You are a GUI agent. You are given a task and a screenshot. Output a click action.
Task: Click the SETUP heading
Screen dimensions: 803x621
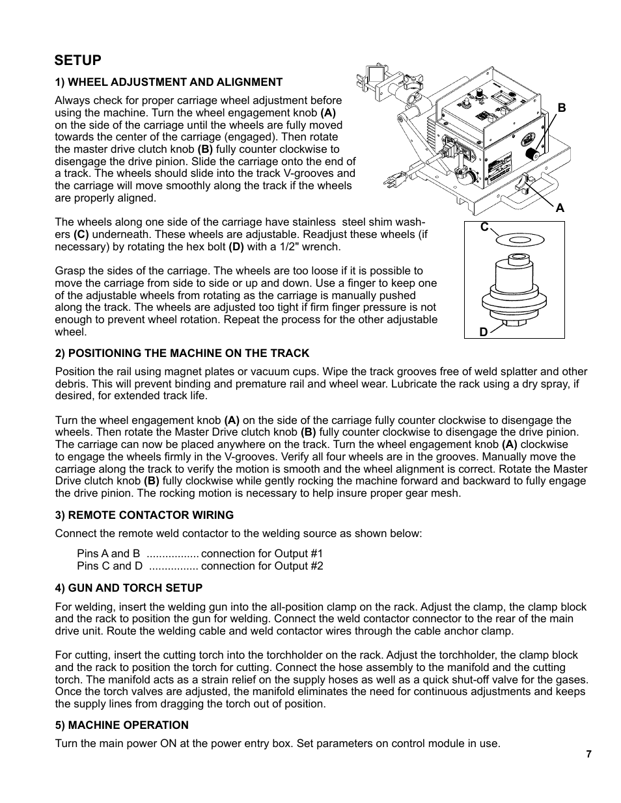[x=78, y=60]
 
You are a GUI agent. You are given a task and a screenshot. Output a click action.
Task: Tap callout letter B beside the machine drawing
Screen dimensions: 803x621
[x=561, y=109]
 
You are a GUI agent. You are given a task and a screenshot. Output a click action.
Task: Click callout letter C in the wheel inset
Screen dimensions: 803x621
[x=484, y=227]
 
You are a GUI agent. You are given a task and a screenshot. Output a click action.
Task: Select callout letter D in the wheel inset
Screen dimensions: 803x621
[x=483, y=332]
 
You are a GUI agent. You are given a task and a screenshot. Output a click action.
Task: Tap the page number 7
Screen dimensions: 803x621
[x=588, y=754]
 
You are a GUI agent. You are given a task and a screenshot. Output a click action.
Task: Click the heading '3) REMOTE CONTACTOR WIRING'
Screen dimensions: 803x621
[x=144, y=515]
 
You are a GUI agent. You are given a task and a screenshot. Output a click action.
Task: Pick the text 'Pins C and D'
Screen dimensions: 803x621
[x=109, y=566]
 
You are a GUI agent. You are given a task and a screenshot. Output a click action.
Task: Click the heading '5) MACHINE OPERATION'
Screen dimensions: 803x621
[x=122, y=725]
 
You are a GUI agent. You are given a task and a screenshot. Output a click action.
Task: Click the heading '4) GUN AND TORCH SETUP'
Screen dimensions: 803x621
[x=128, y=588]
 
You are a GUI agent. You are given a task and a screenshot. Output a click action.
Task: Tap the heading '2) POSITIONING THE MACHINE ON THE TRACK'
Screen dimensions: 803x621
[x=182, y=353]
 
